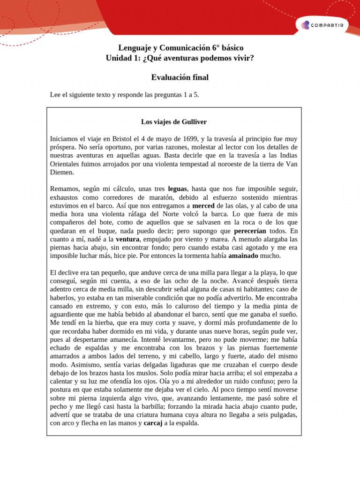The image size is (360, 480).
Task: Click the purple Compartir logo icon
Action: coord(305,25)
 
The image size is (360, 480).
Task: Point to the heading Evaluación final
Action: coord(180,77)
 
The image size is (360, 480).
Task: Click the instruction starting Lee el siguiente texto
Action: coord(125,95)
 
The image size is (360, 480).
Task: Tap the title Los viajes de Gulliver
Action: coord(174,122)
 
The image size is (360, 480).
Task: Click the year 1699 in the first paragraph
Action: coord(191,139)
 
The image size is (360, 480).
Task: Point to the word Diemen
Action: coord(62,172)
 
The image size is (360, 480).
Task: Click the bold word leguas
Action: coord(177,189)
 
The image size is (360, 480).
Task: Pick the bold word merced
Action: coord(203,206)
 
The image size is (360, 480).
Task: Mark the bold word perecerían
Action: coord(250,231)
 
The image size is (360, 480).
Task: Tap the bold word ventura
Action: coord(127,239)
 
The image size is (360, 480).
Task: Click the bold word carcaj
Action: coord(153,423)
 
